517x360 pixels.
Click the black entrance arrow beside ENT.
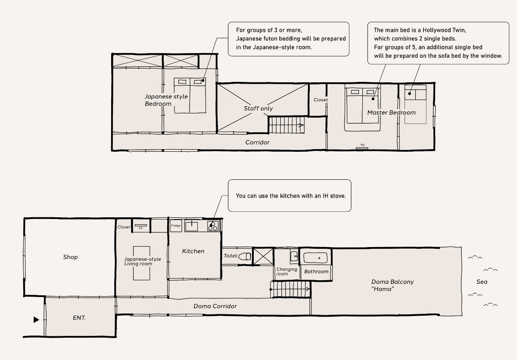coord(36,319)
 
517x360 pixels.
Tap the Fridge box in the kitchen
coord(176,226)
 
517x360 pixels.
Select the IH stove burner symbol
coord(213,226)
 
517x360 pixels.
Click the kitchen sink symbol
coord(192,226)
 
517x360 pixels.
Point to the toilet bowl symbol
coord(245,257)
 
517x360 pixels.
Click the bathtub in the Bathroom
coord(315,258)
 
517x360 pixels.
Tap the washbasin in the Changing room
coord(294,257)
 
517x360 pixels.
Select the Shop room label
coord(70,257)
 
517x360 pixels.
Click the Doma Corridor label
coord(215,306)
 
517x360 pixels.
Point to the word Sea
coord(482,282)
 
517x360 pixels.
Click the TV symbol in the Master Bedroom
coord(362,147)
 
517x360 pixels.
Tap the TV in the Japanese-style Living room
coord(141,226)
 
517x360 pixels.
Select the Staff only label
coord(258,109)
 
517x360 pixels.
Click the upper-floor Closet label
coord(321,100)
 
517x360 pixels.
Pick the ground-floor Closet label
coord(124,227)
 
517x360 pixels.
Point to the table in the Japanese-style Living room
coord(141,263)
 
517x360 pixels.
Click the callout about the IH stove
coord(290,196)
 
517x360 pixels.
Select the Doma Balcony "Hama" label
coord(392,285)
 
